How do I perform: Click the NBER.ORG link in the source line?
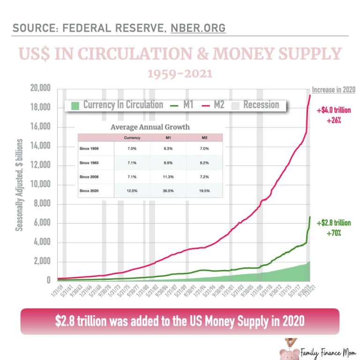196,28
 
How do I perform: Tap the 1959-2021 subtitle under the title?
180,74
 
